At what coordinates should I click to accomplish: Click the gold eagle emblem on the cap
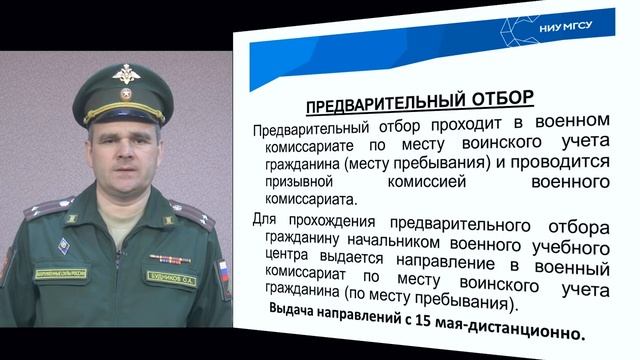(127, 76)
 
